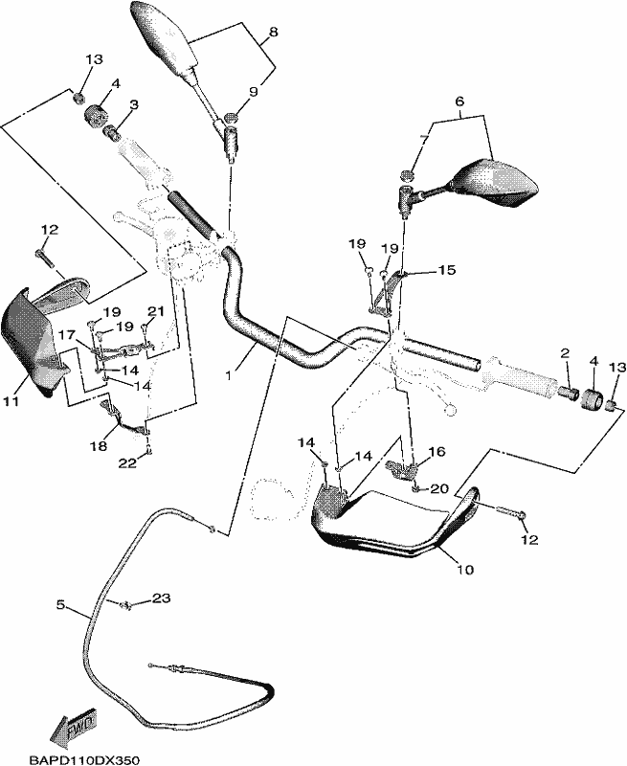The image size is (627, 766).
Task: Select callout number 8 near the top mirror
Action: point(274,33)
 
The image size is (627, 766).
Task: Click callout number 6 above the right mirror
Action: point(459,101)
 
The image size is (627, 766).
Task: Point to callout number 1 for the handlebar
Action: point(228,375)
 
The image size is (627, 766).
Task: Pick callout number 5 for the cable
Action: point(60,605)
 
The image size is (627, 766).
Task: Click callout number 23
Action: point(161,597)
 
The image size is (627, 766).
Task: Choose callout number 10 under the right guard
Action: point(465,569)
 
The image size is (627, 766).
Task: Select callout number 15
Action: point(447,270)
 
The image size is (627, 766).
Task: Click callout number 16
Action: point(437,452)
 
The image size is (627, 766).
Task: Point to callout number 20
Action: point(439,488)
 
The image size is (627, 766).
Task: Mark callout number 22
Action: point(128,463)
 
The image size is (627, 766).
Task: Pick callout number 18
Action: point(99,446)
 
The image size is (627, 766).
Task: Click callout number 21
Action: point(156,310)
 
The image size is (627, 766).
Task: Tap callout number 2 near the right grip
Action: point(565,352)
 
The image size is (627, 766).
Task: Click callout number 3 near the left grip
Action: point(134,104)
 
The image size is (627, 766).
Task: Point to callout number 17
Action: point(68,335)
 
